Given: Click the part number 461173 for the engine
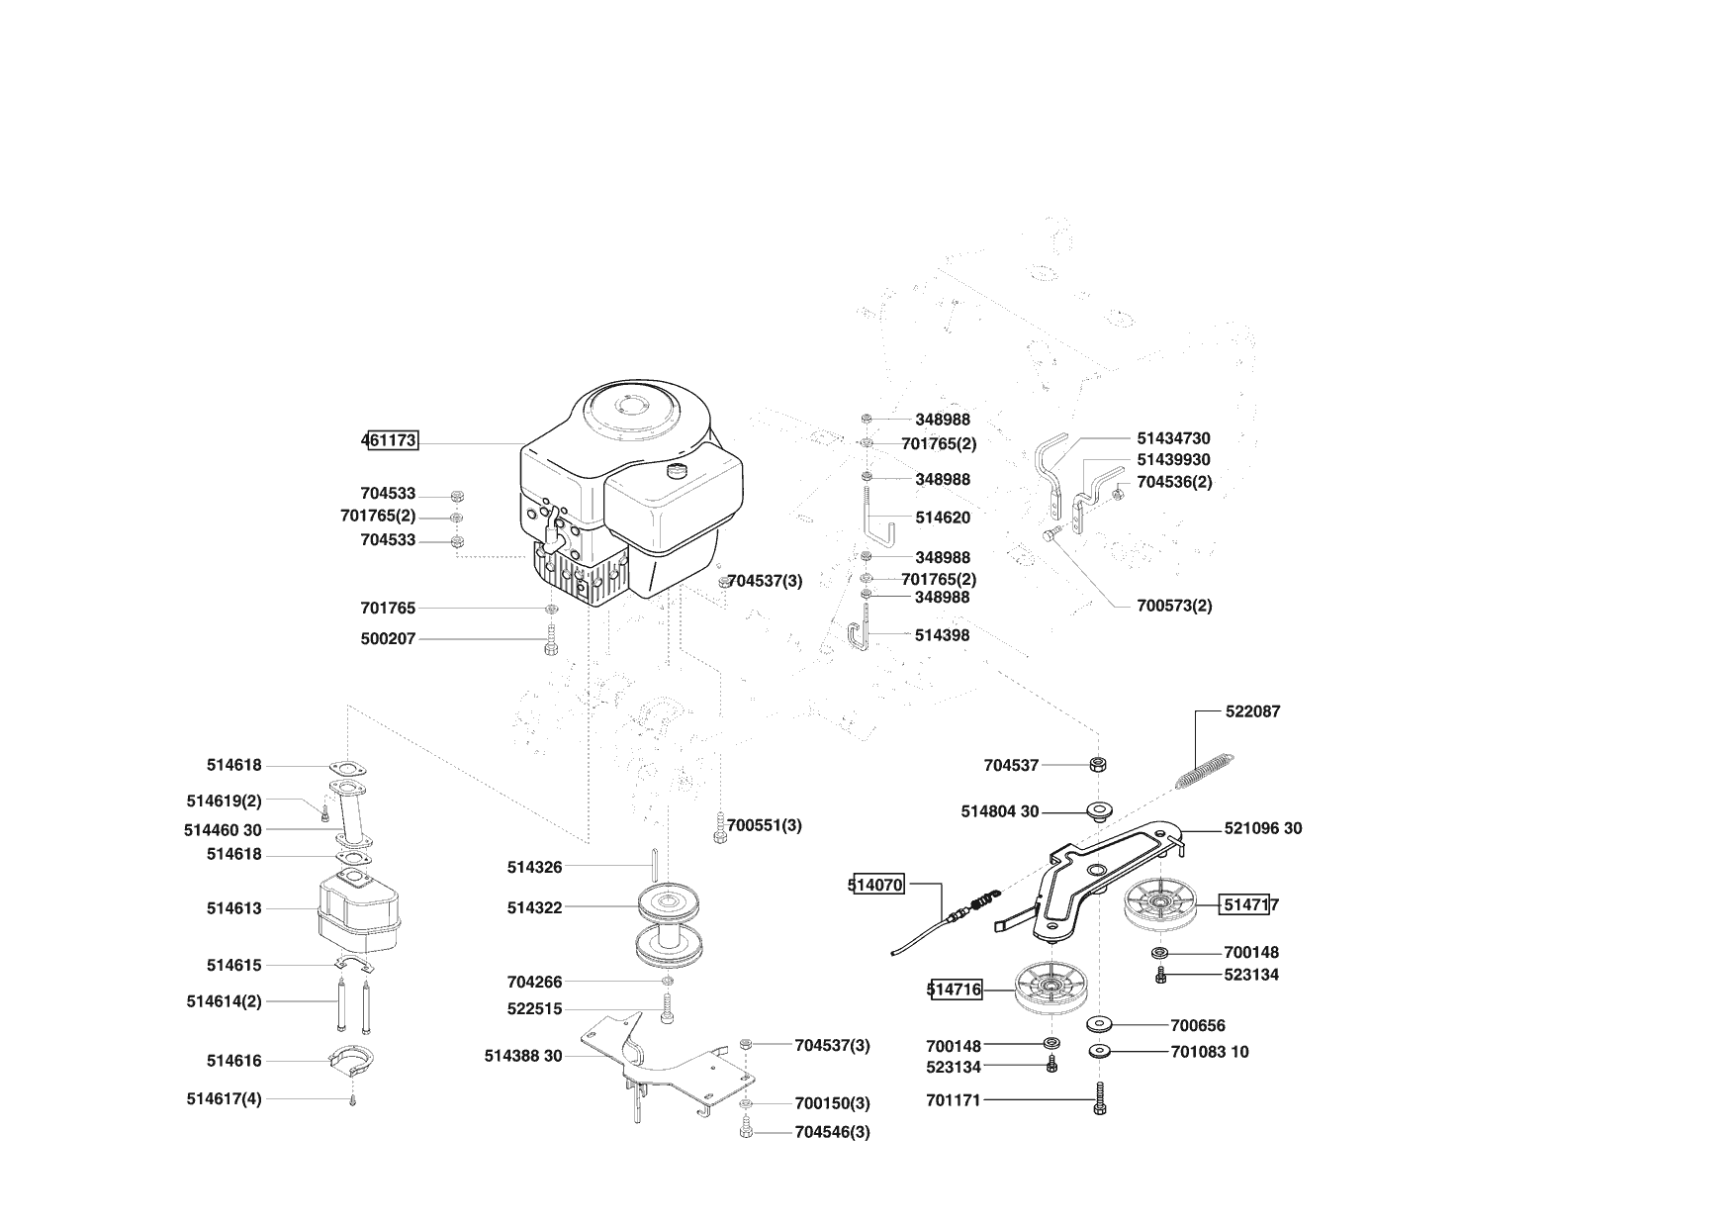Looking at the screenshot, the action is [390, 440].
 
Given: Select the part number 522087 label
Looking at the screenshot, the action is [1252, 711].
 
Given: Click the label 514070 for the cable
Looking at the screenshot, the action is [877, 885].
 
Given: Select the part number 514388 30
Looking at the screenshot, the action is [523, 1056].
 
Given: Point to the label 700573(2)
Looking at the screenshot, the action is [1174, 606].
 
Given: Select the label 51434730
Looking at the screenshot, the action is [1173, 438].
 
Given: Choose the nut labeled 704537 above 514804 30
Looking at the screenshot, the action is [1098, 765].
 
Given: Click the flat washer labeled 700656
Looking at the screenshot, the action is [1099, 1023].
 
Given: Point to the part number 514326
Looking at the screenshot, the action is [534, 867].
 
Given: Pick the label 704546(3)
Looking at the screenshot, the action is [832, 1132].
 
